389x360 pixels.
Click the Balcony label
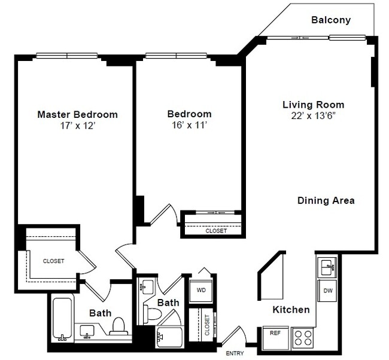(x=330, y=20)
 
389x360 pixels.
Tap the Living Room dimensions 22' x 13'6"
(x=313, y=117)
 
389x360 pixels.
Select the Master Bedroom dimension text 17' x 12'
(x=77, y=126)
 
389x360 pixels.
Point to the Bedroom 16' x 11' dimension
(x=189, y=126)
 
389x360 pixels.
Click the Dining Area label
(x=326, y=201)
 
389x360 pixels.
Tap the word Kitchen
(x=291, y=309)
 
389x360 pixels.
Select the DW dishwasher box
(x=327, y=291)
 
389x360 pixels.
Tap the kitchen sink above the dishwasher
(x=327, y=266)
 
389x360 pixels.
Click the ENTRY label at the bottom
(x=235, y=353)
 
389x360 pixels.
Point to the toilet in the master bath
(x=118, y=326)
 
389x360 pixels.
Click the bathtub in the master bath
(x=62, y=318)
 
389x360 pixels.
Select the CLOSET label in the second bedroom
(x=216, y=230)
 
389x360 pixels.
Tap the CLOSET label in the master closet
(x=53, y=261)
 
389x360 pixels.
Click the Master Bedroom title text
(x=77, y=114)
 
